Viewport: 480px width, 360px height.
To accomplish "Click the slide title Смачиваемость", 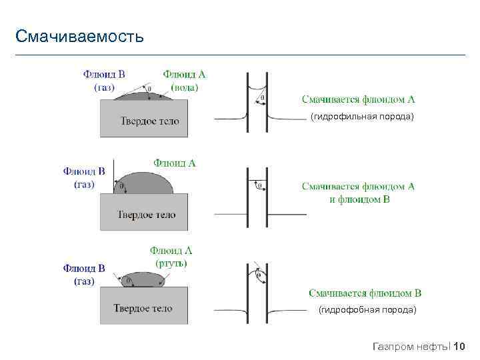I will point(79,35).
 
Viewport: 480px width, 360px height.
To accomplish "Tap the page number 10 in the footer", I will point(459,346).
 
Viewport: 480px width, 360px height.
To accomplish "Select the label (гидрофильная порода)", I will point(362,117).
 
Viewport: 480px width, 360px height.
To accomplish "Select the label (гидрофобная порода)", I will point(367,310).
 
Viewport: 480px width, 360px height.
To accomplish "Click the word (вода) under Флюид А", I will point(185,87).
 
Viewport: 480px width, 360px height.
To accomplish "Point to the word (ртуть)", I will point(171,263).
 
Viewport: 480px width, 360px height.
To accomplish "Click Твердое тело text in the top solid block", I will point(150,121).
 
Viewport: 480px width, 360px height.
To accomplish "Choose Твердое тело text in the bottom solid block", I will point(143,308).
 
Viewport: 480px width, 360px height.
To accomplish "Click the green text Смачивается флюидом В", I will point(365,293).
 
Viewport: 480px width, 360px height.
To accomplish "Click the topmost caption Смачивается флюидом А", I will point(358,99).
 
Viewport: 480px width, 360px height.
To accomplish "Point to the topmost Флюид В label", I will point(103,74).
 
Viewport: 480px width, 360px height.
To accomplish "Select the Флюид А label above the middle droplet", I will point(175,162).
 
